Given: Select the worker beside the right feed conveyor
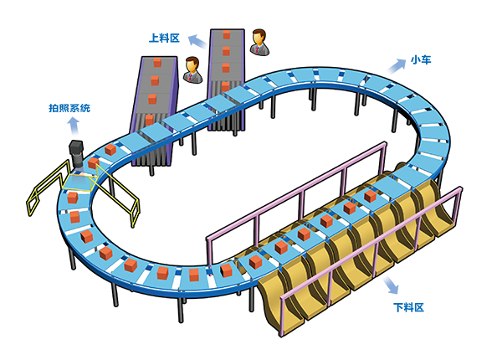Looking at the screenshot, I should point(259,43).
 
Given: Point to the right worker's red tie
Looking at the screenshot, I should point(259,49).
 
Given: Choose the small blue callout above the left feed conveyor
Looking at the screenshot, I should point(159,38).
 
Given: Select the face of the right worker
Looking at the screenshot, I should point(259,39).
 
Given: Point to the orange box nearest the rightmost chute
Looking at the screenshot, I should point(370,196).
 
